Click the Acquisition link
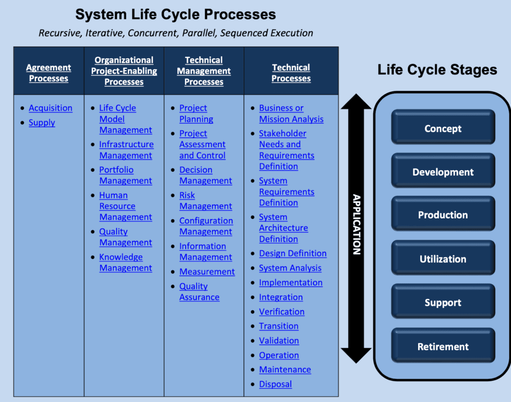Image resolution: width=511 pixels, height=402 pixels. point(50,108)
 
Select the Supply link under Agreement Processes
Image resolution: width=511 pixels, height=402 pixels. point(42,123)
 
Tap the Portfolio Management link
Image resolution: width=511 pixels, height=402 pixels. point(125,175)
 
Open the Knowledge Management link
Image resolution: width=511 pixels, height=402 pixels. point(125,262)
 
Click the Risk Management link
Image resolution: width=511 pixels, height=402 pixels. point(205,201)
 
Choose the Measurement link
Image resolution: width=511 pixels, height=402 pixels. point(207,272)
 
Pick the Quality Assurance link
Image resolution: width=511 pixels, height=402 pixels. point(199,292)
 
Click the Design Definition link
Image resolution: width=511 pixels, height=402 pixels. point(292,253)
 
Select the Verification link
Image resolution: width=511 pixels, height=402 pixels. point(281,312)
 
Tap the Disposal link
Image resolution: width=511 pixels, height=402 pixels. point(275,384)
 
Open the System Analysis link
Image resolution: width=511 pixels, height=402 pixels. point(290,268)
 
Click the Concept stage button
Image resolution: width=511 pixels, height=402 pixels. point(443,129)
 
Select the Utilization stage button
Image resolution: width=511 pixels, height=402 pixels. point(443,259)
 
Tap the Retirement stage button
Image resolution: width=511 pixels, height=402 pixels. point(443,347)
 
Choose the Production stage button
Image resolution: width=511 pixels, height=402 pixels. point(443,215)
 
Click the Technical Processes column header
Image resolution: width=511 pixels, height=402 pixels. point(291,73)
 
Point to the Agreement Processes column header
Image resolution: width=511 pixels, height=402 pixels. point(48,73)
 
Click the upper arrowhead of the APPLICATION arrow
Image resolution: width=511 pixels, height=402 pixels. point(356,102)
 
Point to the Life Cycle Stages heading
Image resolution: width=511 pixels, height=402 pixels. point(437,69)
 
